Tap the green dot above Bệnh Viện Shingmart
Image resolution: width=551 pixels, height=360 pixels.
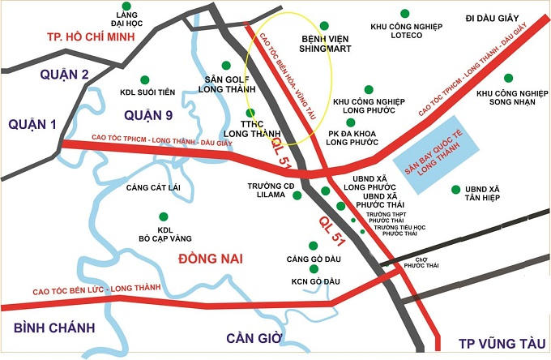(x=324, y=26)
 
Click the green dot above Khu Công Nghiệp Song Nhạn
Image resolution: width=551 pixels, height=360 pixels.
(x=509, y=79)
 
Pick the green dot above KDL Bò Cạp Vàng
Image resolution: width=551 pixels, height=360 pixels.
(x=163, y=216)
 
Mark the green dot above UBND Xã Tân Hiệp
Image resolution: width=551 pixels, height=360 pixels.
(x=455, y=191)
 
